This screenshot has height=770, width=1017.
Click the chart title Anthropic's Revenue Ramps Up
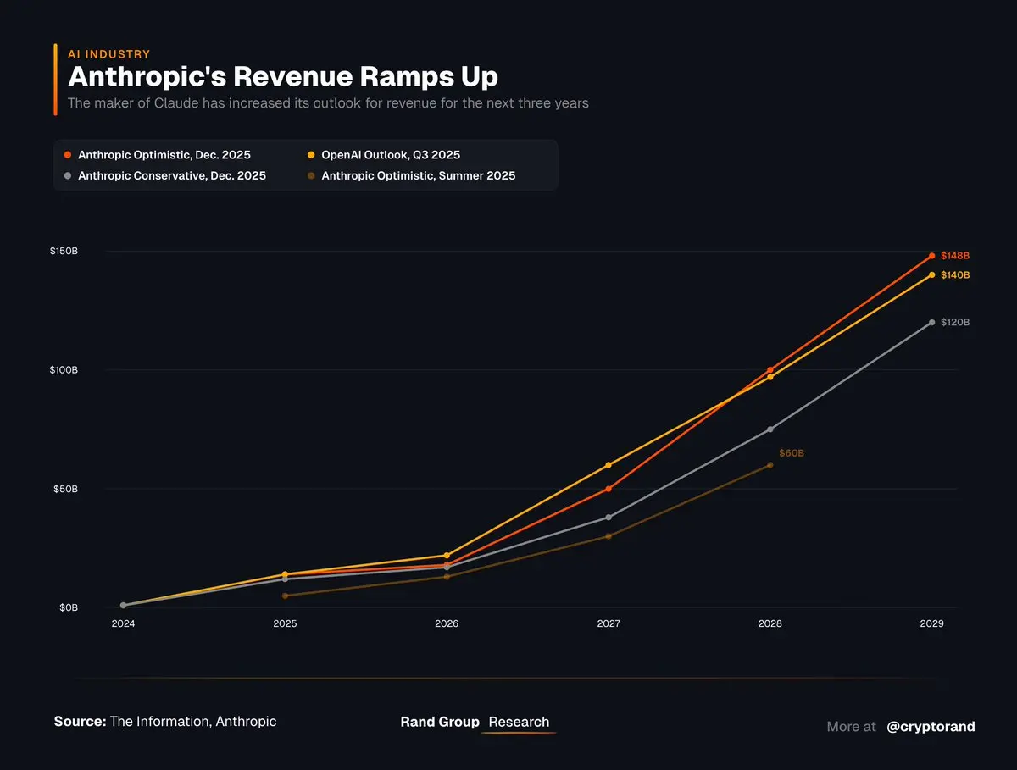point(282,76)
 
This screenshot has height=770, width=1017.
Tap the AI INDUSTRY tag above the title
point(108,54)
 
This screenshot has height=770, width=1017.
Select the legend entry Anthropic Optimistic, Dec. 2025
point(164,155)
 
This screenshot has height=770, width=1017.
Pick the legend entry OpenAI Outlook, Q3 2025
point(391,155)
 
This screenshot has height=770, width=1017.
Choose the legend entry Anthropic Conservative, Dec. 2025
point(171,176)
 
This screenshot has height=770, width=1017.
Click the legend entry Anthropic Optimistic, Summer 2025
point(418,176)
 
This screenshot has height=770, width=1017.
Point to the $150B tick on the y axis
point(64,252)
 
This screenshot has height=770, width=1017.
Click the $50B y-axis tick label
point(66,489)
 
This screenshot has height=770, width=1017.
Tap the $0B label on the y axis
point(68,607)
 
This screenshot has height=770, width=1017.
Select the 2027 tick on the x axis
point(609,623)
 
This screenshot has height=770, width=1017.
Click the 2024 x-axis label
point(123,623)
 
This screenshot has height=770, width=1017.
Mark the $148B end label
point(955,256)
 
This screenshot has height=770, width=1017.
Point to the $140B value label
point(955,275)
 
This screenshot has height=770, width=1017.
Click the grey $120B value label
point(955,323)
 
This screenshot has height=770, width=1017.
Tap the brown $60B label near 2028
point(792,454)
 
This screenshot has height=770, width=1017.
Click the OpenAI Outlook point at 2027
point(609,465)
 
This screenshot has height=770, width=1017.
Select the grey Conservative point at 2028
point(770,429)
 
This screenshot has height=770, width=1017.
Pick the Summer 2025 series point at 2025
point(285,596)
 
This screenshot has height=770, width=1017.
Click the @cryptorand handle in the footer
point(931,727)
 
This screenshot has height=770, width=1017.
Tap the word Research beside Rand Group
point(519,722)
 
